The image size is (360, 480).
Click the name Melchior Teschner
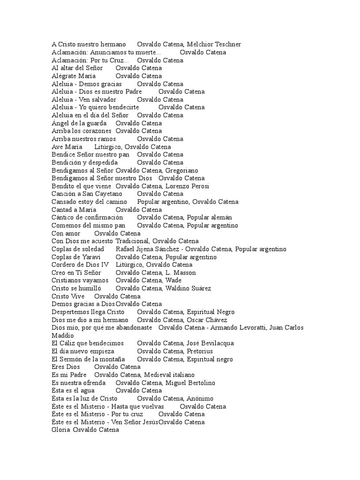pyautogui.click(x=213, y=45)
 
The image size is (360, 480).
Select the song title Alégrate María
pyautogui.click(x=74, y=76)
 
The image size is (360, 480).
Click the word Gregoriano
pyautogui.click(x=181, y=171)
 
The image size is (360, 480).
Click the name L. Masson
pyautogui.click(x=180, y=273)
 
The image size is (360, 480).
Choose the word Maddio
pyautogui.click(x=62, y=336)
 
